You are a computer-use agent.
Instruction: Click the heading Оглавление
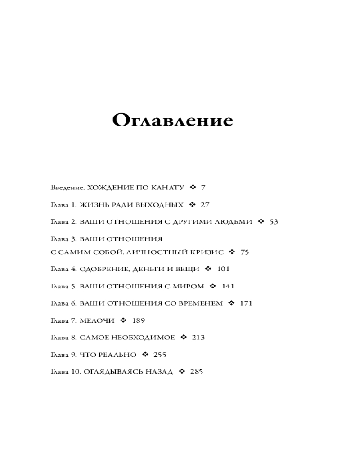(172, 120)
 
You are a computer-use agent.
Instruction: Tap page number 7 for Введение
(203, 188)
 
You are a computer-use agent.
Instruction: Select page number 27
(205, 205)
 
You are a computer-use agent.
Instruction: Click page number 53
(274, 222)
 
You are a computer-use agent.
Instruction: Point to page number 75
(244, 252)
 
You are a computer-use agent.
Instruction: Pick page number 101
(223, 269)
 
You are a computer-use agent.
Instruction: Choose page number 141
(228, 286)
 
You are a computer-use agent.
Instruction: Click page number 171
(246, 303)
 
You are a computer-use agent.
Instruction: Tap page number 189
(139, 320)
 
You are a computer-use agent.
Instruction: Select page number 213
(198, 337)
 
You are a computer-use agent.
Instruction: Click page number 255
(160, 355)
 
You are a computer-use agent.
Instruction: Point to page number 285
(197, 372)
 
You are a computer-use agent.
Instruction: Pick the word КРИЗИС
(207, 252)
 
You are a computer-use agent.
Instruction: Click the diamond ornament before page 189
(123, 320)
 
